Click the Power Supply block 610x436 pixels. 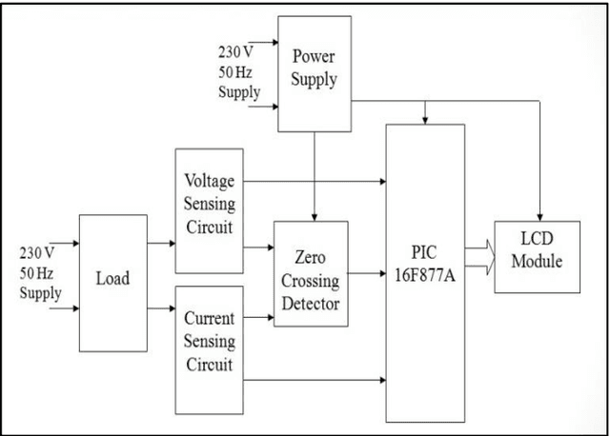(314, 73)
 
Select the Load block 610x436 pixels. (112, 282)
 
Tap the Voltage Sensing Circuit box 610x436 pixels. (210, 204)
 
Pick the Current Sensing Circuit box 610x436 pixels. (210, 341)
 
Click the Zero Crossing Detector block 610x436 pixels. (311, 274)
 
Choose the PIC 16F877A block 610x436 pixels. (425, 273)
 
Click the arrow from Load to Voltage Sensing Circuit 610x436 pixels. (162, 245)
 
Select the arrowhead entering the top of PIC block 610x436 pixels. (425, 119)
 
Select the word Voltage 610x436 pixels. (210, 180)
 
